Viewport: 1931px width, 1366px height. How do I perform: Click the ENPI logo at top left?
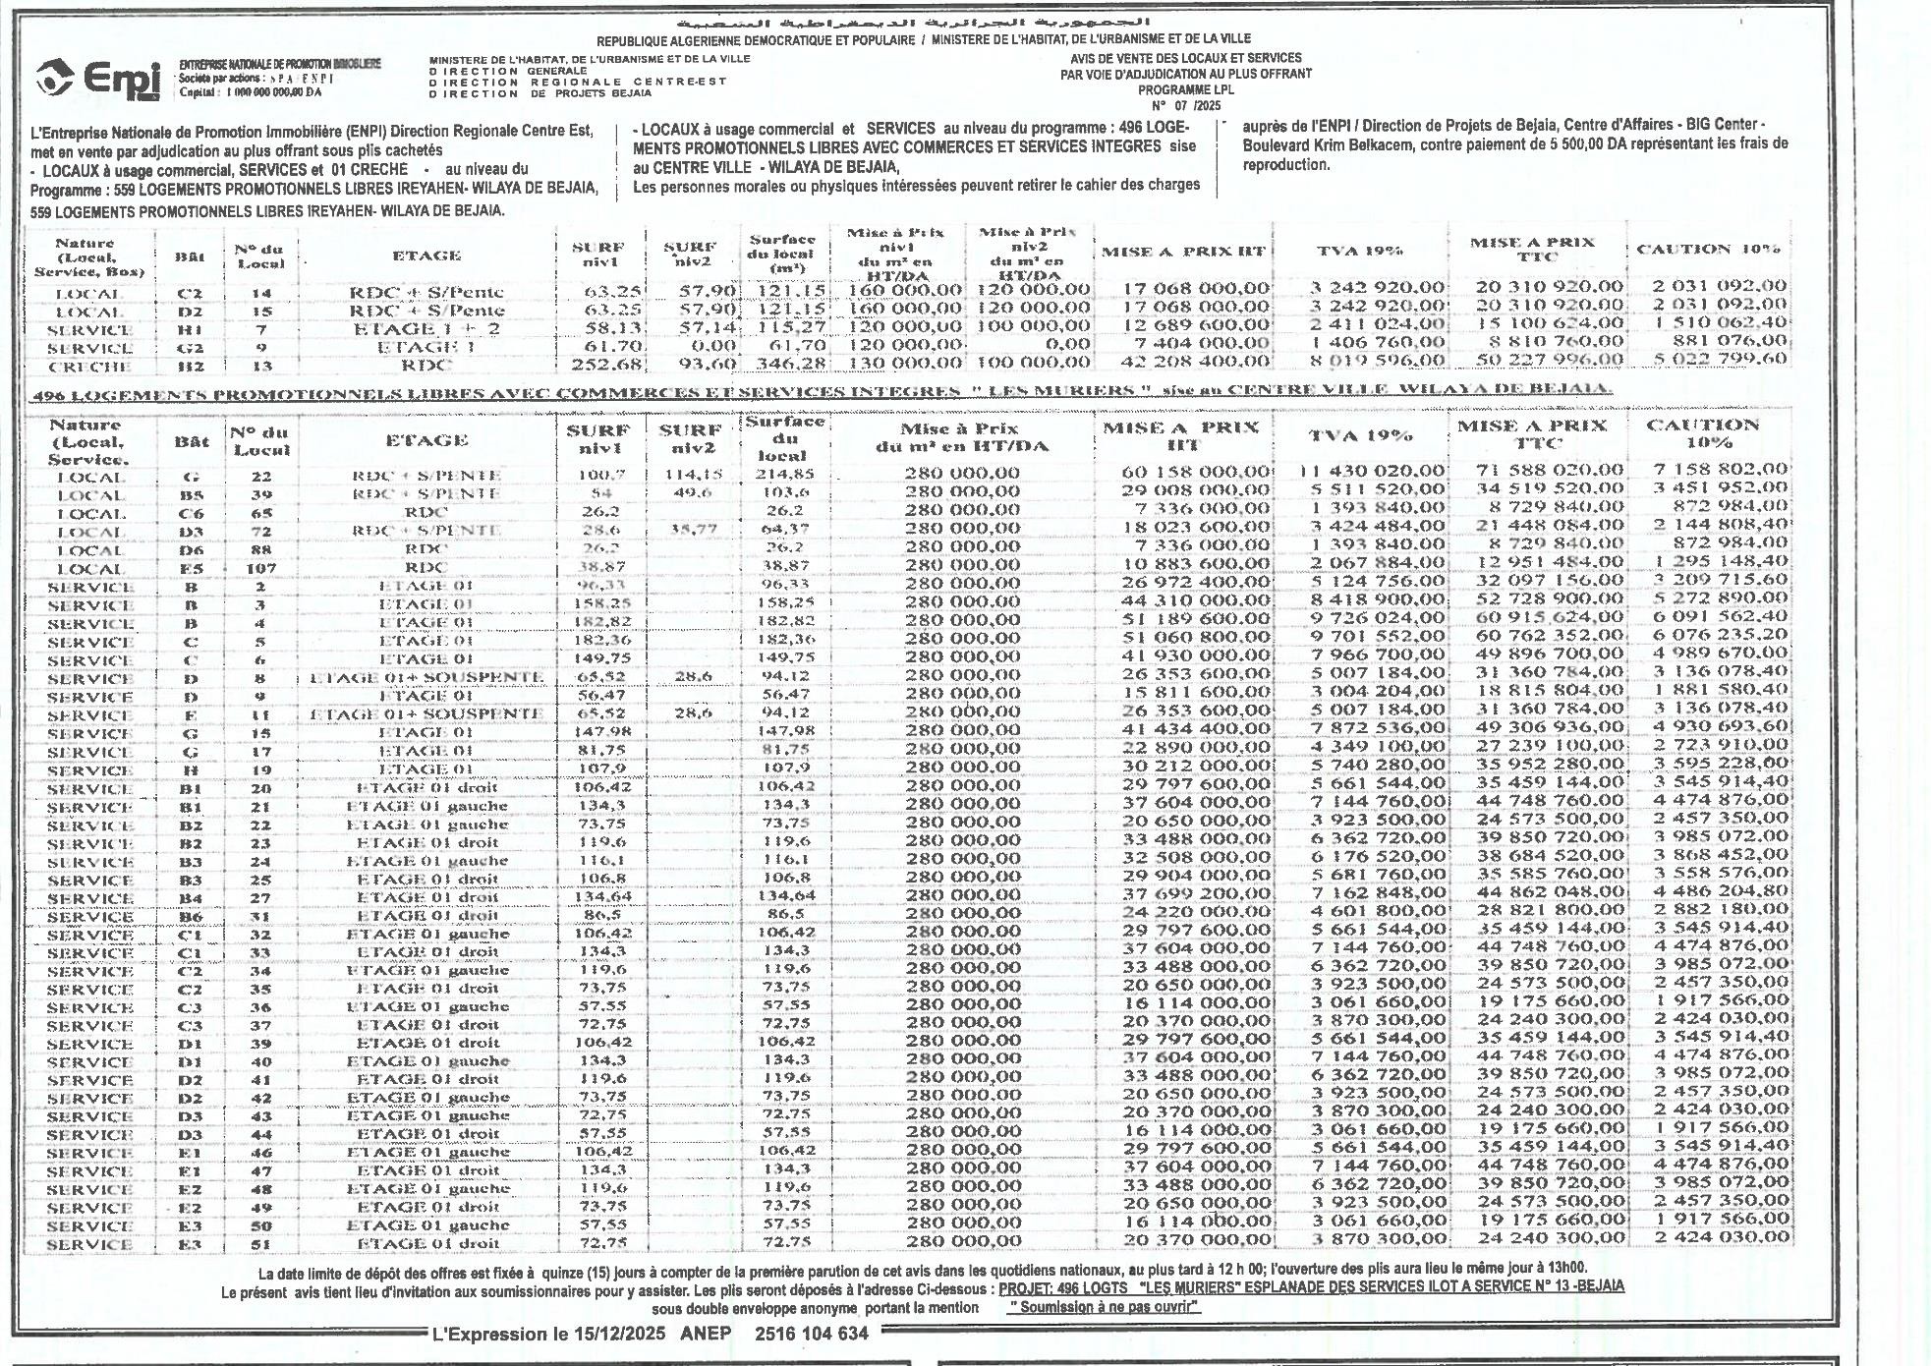(x=98, y=79)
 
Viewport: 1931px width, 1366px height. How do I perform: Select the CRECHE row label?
(x=89, y=367)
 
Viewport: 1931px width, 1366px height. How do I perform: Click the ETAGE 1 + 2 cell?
(x=426, y=329)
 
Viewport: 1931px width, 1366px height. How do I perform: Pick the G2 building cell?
(x=190, y=348)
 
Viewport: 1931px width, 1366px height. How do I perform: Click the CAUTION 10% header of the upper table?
(x=1708, y=250)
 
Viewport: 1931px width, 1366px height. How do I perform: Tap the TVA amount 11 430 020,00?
(x=1372, y=471)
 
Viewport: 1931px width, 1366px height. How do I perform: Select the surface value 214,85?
(x=784, y=475)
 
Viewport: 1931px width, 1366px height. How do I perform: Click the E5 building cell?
(x=192, y=568)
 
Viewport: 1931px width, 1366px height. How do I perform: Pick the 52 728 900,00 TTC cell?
(x=1551, y=599)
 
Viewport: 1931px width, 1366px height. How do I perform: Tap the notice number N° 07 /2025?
(x=1186, y=105)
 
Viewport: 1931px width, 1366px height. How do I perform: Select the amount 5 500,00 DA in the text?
(x=1605, y=143)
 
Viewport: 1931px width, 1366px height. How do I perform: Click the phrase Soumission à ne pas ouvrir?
(x=1105, y=1307)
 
